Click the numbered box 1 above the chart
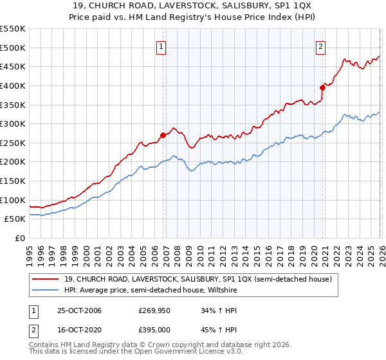point(161,46)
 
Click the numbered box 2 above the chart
point(320,46)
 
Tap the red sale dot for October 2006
point(163,135)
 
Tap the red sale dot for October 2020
point(322,87)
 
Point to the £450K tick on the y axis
point(12,66)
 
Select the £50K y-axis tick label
point(15,219)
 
